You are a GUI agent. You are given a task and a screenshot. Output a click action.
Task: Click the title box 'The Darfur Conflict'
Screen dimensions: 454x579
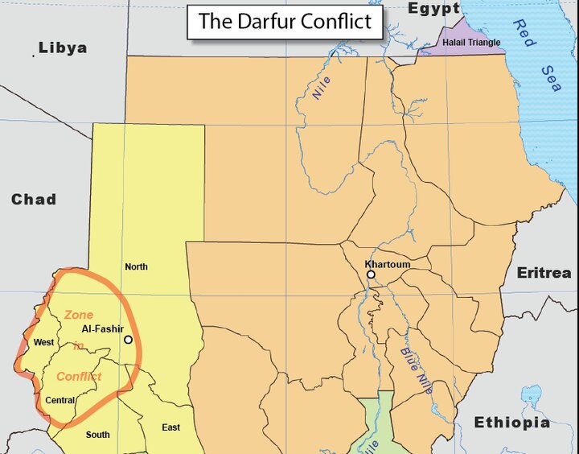[x=285, y=22]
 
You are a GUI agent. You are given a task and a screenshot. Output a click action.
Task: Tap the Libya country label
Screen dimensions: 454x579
[x=63, y=48]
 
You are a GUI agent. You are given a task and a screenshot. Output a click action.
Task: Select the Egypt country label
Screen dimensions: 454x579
[x=433, y=9]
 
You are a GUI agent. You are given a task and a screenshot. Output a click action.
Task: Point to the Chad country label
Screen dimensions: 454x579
[x=33, y=200]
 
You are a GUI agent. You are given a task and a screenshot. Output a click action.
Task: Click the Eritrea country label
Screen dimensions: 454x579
[x=544, y=273]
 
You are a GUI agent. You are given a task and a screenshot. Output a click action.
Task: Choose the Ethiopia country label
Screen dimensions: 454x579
[x=511, y=423]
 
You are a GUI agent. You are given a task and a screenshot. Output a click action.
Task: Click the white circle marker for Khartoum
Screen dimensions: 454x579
[x=371, y=274]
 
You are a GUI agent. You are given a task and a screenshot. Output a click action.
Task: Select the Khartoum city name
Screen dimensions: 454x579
[x=387, y=264]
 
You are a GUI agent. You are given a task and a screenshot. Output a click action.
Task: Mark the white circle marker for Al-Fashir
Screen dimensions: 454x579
[x=128, y=340]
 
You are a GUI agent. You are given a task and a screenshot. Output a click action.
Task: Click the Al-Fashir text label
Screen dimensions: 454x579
[x=101, y=329]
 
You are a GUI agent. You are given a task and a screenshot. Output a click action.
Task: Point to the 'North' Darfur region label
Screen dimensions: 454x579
[x=136, y=266]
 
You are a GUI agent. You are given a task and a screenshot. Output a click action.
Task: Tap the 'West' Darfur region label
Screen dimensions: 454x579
[x=43, y=343]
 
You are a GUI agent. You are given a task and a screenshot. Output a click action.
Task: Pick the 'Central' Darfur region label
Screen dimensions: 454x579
[x=60, y=400]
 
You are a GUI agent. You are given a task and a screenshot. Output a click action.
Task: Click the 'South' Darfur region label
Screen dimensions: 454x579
[x=98, y=435]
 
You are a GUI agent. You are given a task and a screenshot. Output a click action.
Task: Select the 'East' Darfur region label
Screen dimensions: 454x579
[x=170, y=427]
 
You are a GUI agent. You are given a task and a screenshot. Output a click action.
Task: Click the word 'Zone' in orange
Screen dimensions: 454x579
[x=79, y=315]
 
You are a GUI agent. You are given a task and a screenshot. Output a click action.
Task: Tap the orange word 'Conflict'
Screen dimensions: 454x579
[x=79, y=376]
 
